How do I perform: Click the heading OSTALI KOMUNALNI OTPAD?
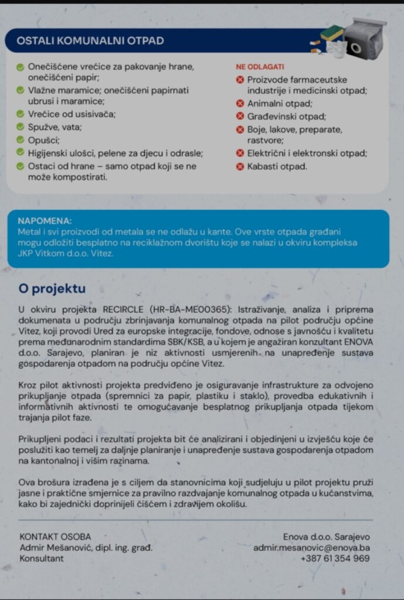[x=90, y=41]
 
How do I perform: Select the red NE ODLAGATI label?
[x=260, y=67]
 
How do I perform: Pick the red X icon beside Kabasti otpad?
[x=240, y=166]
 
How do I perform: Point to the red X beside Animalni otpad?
[x=240, y=104]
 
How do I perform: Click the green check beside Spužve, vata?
[x=21, y=127]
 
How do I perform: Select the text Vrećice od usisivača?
[x=72, y=114]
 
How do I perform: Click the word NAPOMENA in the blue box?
[x=45, y=221]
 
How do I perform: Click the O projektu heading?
[x=52, y=289]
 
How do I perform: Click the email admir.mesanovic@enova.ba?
[x=311, y=548]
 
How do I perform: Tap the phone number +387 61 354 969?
[x=335, y=558]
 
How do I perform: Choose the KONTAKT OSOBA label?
[x=55, y=537]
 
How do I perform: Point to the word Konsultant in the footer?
[x=42, y=558]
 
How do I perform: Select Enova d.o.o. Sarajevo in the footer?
[x=326, y=537]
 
